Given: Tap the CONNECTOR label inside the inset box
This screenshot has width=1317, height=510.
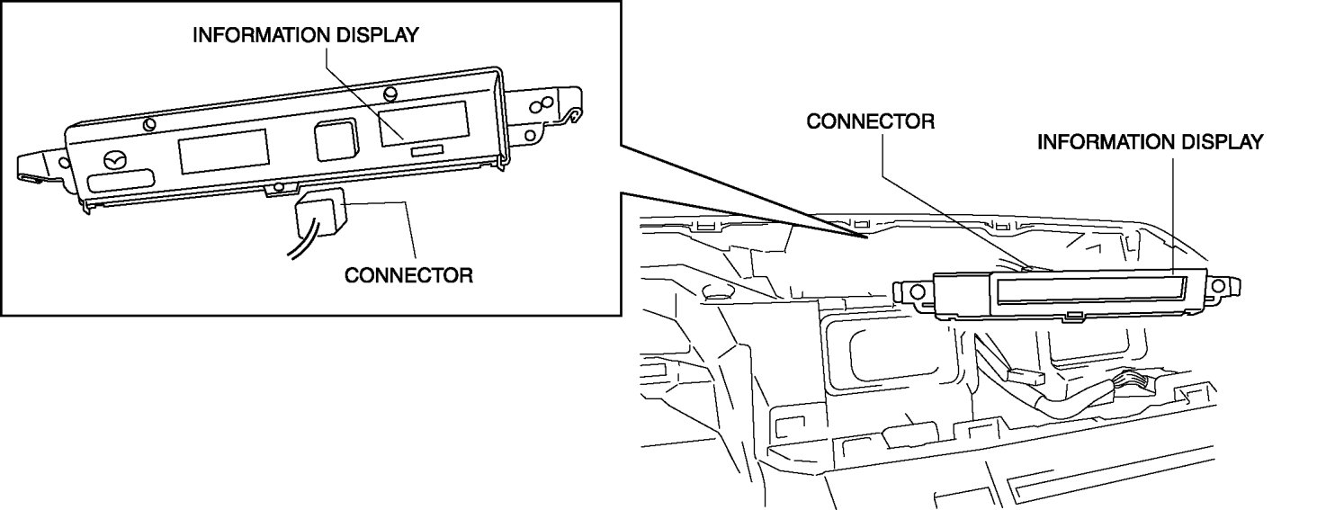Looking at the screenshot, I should pyautogui.click(x=408, y=275).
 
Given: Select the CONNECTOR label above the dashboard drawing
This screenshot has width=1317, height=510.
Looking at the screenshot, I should pyautogui.click(x=870, y=121).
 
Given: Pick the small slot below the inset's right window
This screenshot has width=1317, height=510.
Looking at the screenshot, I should pyautogui.click(x=427, y=152).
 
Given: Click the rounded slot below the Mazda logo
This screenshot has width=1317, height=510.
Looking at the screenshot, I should pyautogui.click(x=116, y=186).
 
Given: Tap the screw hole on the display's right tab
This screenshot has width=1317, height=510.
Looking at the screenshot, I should pyautogui.click(x=1219, y=286).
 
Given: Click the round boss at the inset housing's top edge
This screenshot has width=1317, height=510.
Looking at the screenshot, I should pyautogui.click(x=389, y=94).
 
